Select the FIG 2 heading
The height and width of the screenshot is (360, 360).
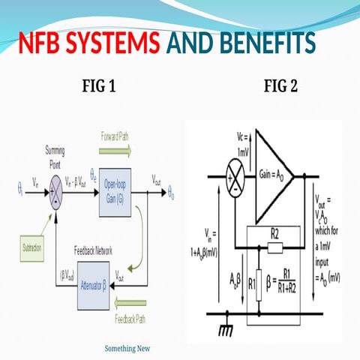coord(280,87)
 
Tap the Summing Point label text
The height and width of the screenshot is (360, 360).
coord(55,154)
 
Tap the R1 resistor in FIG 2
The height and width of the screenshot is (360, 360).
coord(256,283)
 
